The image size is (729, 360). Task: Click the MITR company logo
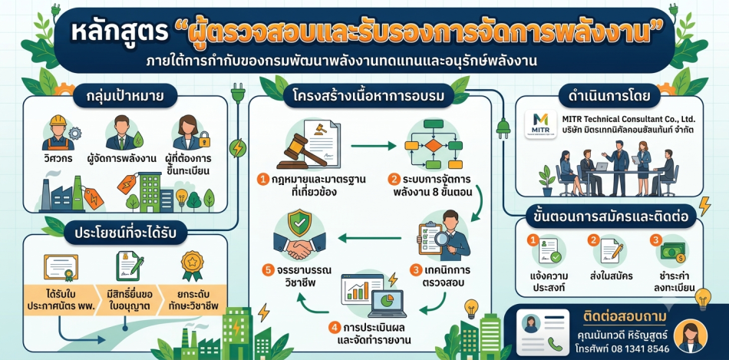click(539, 124)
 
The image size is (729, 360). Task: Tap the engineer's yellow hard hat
click(58, 121)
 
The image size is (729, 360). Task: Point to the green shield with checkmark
click(299, 225)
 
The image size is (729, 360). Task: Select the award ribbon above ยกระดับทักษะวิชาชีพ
click(192, 265)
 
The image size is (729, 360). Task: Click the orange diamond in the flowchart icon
click(433, 145)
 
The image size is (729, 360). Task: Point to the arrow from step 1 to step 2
click(374, 147)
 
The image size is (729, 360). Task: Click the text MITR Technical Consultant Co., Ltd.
click(628, 119)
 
